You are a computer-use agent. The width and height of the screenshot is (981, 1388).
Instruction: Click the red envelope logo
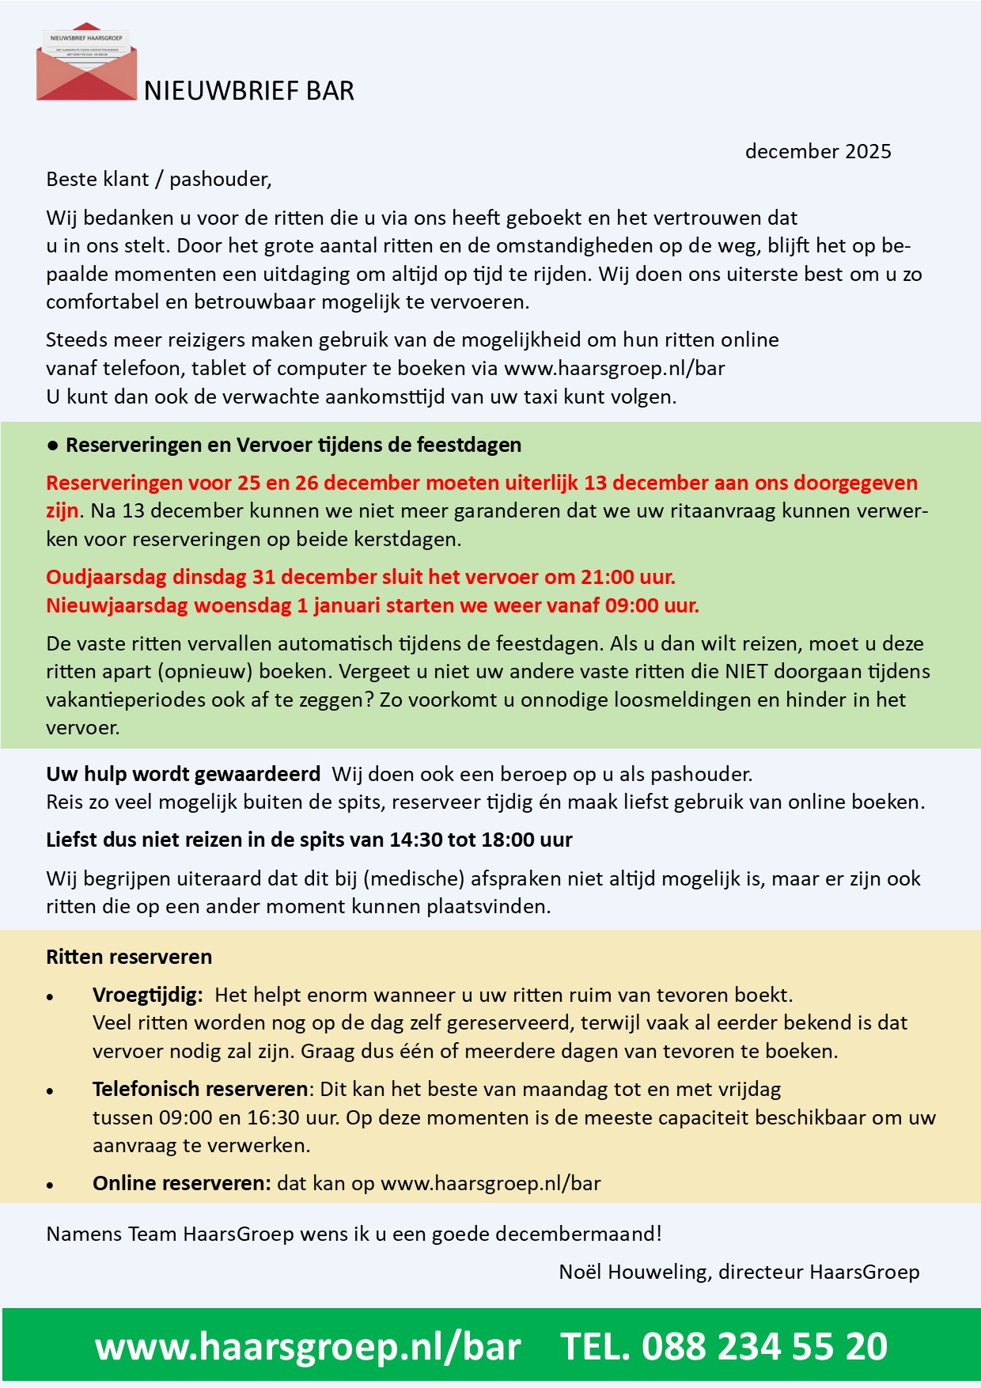pos(86,63)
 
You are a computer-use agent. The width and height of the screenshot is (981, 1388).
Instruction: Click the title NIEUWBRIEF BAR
pos(248,91)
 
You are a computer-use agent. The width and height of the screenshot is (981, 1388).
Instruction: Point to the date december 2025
pos(817,151)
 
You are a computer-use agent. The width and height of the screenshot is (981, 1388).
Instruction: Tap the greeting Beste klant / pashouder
pos(158,180)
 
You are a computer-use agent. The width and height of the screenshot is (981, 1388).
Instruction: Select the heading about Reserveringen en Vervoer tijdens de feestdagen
pos(293,445)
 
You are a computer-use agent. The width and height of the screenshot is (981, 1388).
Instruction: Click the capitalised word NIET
pos(746,671)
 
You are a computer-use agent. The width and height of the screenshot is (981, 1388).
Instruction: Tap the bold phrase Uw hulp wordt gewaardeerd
pos(183,773)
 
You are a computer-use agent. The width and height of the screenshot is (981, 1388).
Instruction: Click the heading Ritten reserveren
pos(129,957)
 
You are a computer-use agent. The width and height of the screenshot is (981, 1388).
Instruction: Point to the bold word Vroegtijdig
pos(147,995)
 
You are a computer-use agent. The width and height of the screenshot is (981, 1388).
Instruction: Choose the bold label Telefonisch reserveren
pos(200,1089)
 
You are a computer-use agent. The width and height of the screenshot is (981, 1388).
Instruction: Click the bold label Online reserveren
pos(181,1183)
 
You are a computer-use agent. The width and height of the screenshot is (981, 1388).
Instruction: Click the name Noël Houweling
pos(632,1272)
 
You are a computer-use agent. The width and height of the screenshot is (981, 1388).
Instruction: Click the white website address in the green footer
pos(308,1346)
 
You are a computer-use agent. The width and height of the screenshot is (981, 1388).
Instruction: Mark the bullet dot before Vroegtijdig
pos(51,997)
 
